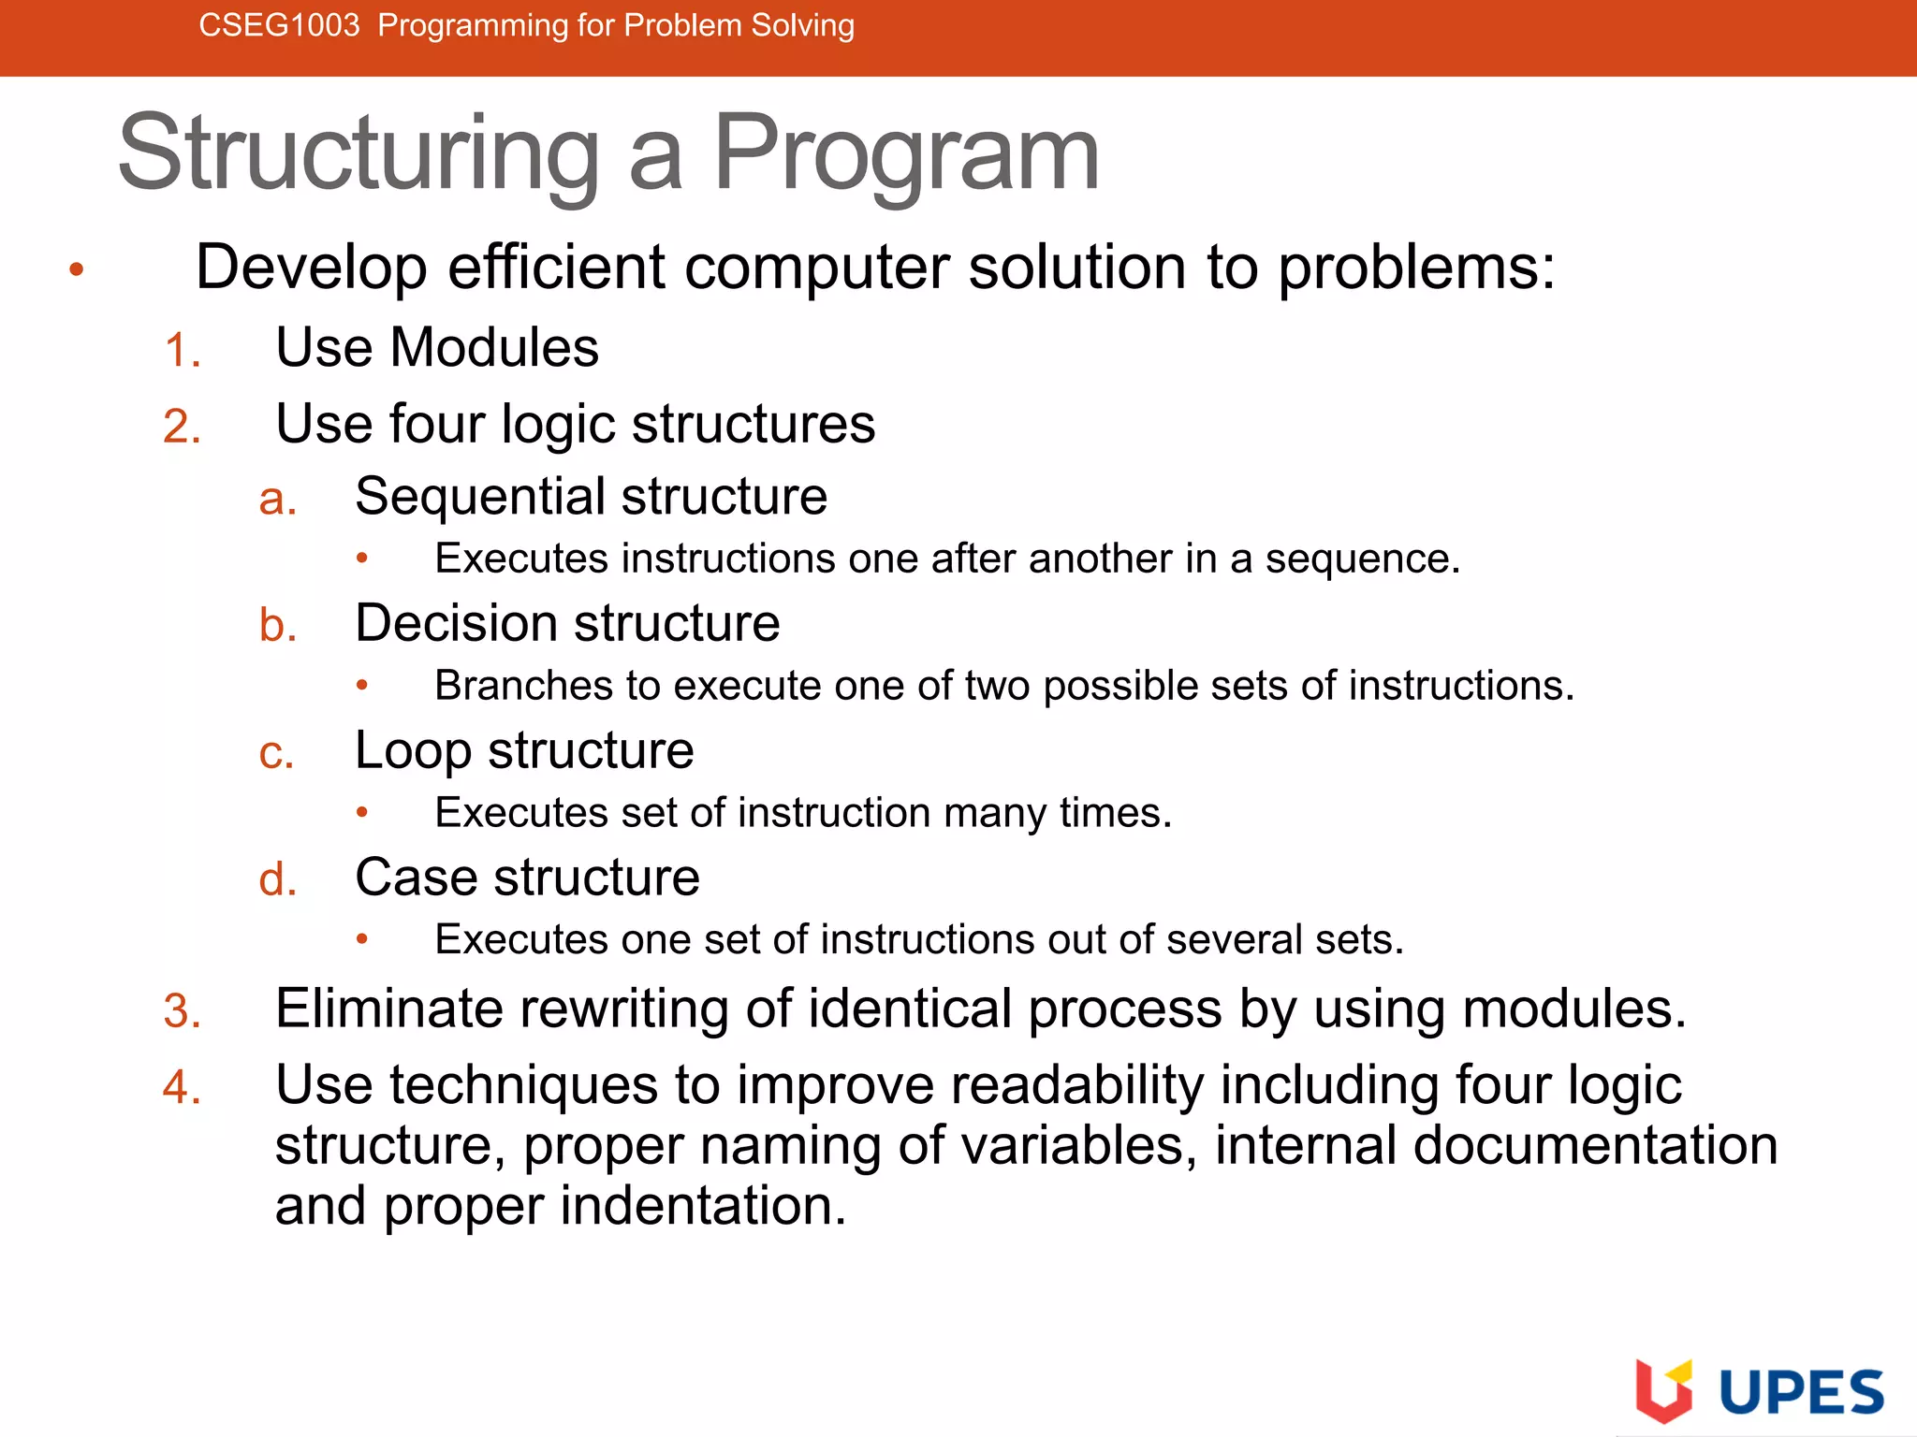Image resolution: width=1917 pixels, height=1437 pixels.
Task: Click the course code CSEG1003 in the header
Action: pyautogui.click(x=279, y=25)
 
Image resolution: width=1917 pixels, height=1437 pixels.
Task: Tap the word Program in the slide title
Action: pyautogui.click(x=906, y=154)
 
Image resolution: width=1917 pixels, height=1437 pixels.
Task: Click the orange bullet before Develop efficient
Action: pyautogui.click(x=77, y=270)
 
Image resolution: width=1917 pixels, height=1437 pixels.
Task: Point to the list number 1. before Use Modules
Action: pyautogui.click(x=182, y=352)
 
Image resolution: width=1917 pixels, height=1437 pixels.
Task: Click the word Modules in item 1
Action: pyautogui.click(x=493, y=348)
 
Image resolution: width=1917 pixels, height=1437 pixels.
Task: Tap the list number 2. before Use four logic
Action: pyautogui.click(x=182, y=428)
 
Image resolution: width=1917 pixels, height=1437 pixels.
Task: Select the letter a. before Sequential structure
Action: pyautogui.click(x=277, y=500)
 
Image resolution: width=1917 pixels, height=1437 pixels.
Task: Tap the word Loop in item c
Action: pyautogui.click(x=412, y=751)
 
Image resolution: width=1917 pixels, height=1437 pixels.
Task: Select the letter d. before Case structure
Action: pyautogui.click(x=277, y=881)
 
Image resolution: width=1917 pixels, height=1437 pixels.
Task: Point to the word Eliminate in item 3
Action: pyautogui.click(x=388, y=1009)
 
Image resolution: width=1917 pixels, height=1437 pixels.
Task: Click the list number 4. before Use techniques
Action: pyautogui.click(x=182, y=1089)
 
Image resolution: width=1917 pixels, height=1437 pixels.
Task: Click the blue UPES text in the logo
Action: pyautogui.click(x=1801, y=1393)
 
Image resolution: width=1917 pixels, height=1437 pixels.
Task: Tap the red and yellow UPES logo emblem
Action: pyautogui.click(x=1663, y=1389)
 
